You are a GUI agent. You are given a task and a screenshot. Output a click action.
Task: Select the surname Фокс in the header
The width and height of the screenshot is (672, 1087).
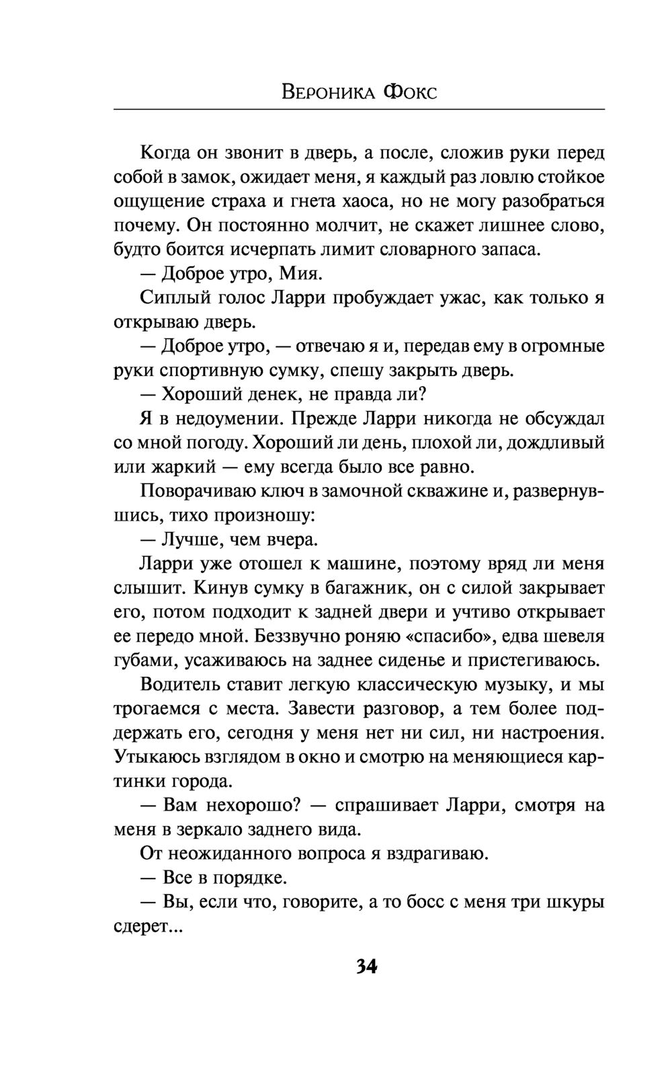(x=409, y=92)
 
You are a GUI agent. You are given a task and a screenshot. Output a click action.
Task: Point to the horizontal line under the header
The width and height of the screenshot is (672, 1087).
(x=359, y=109)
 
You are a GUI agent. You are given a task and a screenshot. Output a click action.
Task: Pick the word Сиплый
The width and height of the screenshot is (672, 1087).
(x=171, y=298)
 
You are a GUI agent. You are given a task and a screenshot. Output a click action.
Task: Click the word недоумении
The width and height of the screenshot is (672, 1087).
(x=230, y=419)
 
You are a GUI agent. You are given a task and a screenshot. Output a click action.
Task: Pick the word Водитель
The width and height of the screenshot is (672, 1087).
(x=181, y=685)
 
